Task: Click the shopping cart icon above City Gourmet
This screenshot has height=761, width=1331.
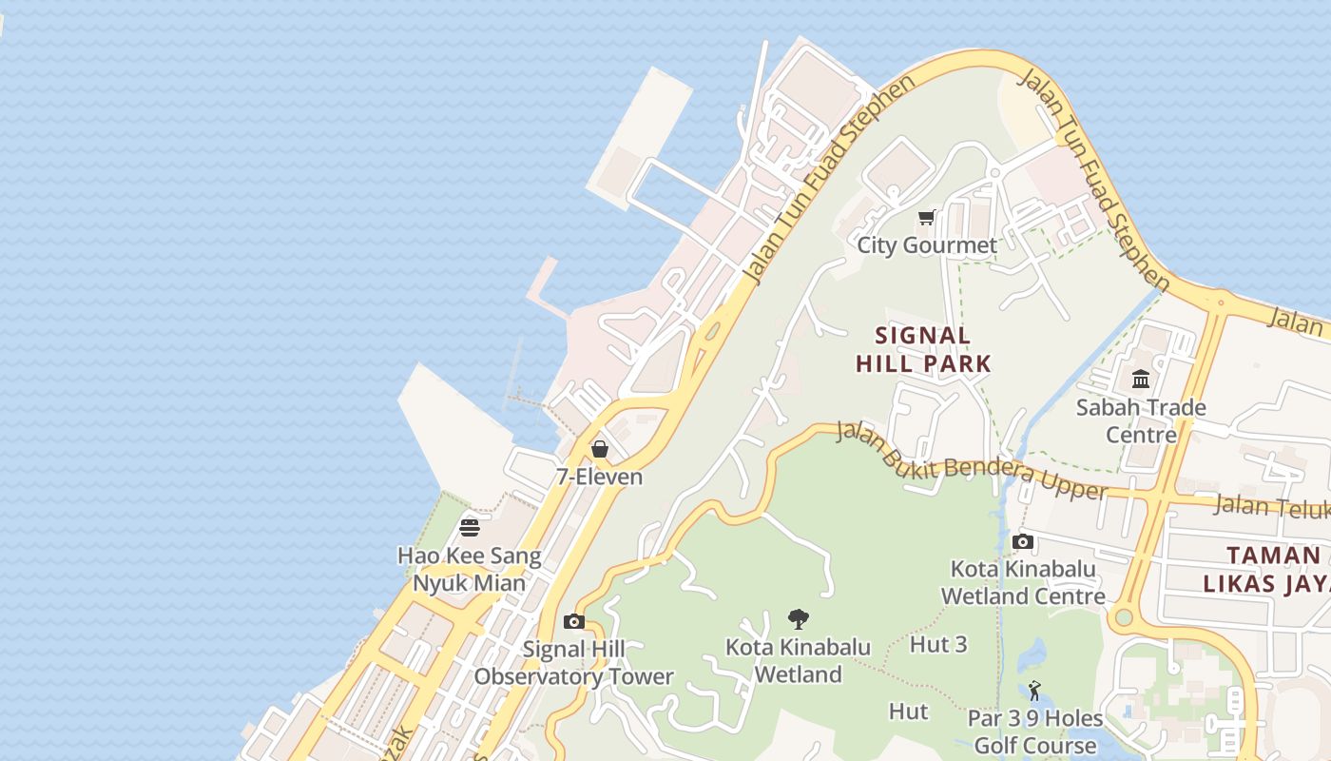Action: [x=927, y=217]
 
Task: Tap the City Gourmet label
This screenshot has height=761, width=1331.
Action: [x=927, y=245]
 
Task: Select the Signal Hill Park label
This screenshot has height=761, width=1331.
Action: [x=923, y=349]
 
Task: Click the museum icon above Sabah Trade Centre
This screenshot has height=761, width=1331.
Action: [x=1141, y=380]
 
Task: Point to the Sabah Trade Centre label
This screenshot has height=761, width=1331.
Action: [x=1141, y=420]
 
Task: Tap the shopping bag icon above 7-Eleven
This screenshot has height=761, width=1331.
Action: [x=600, y=449]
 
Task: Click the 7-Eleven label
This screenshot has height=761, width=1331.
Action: [x=600, y=477]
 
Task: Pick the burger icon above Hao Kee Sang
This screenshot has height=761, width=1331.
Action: [x=470, y=527]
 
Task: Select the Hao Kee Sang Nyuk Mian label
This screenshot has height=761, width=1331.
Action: [x=470, y=569]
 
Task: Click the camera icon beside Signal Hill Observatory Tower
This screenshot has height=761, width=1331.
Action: [x=574, y=622]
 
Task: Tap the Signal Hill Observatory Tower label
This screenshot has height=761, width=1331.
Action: [x=574, y=663]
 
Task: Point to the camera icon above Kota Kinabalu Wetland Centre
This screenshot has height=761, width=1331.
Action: [x=1023, y=542]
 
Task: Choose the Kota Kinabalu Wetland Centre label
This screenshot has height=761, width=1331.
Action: [x=1023, y=582]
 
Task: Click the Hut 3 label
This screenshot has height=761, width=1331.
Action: [x=938, y=644]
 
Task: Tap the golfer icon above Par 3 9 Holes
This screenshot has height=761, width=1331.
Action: [x=1034, y=691]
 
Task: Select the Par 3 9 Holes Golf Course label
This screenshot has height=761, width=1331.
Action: [x=1034, y=732]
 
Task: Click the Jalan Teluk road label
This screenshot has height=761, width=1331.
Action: [x=1272, y=507]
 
